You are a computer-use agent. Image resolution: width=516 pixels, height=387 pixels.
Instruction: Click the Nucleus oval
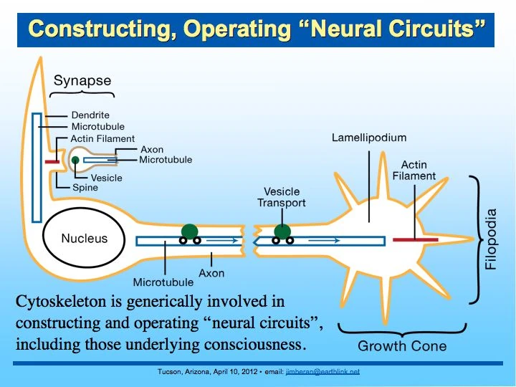tap(85, 239)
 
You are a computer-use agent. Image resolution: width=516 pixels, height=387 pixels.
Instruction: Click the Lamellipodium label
tap(368, 138)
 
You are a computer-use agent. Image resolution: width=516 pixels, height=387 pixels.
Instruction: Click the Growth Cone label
tap(401, 346)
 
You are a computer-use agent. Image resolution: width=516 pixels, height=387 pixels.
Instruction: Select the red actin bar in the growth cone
tap(415, 239)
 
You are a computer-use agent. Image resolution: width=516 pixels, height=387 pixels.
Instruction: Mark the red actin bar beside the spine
tap(52, 162)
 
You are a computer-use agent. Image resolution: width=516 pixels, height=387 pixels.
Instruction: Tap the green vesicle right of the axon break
tap(283, 231)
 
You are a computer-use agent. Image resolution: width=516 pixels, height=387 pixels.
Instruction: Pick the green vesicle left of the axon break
tap(188, 231)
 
